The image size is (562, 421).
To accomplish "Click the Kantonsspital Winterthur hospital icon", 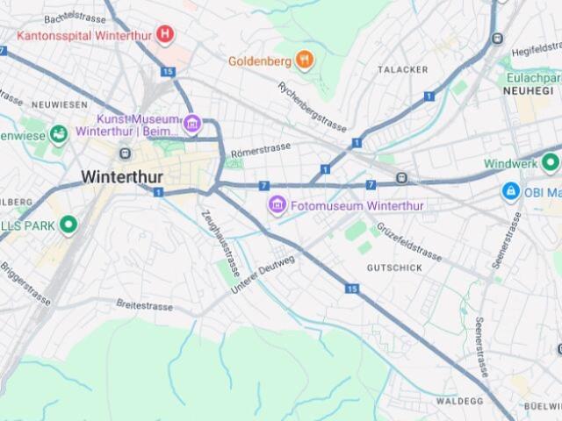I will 164,35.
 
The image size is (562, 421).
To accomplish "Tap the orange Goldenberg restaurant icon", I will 305,61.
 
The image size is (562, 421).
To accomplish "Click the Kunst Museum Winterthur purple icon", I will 191,122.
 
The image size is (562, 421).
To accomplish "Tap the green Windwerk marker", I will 551,163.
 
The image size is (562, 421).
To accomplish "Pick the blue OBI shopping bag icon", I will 510,191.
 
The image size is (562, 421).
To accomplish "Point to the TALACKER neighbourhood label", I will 402,69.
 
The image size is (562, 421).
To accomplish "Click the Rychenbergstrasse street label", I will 313,106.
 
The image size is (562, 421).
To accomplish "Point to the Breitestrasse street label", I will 146,304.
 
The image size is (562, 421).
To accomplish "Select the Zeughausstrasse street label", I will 218,239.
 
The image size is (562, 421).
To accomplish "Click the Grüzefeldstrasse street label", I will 408,240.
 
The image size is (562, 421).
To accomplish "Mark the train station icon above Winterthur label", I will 125,153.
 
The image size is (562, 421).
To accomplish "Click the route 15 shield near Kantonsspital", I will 169,72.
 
